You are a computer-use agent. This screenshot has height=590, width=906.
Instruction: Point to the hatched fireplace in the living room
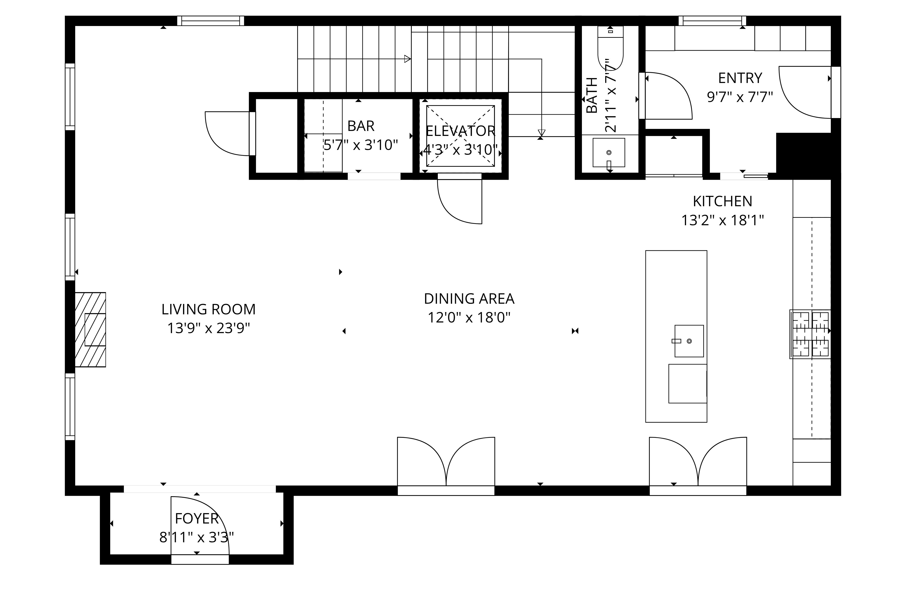[x=90, y=329]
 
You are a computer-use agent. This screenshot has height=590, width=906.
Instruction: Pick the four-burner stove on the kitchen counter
[x=810, y=334]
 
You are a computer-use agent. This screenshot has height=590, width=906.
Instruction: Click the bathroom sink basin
[x=609, y=152]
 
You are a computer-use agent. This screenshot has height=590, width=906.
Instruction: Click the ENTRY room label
[x=740, y=78]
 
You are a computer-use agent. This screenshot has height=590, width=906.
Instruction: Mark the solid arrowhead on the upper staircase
[x=407, y=59]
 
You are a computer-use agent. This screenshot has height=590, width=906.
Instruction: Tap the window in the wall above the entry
[x=712, y=21]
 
